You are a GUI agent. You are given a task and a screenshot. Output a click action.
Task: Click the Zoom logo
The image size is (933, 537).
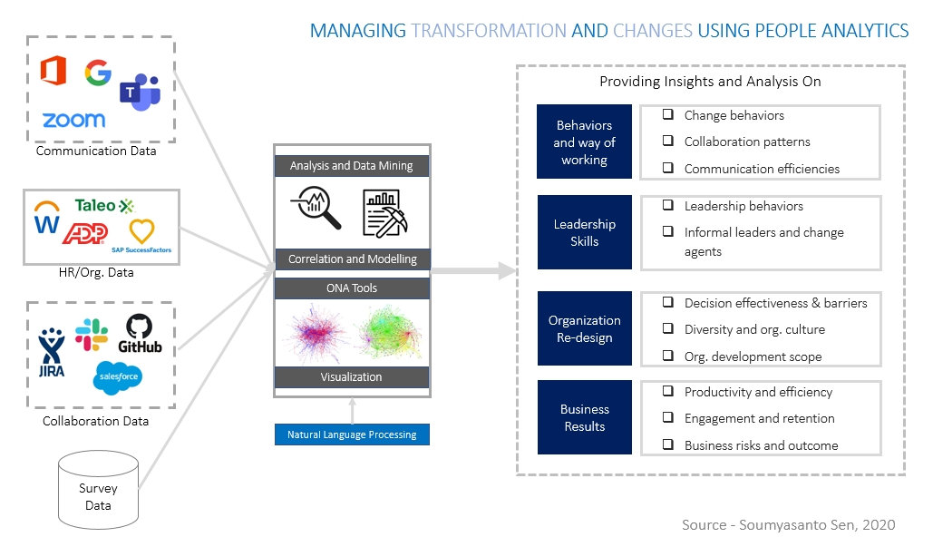(73, 120)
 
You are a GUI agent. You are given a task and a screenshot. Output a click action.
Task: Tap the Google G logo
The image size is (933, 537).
(98, 73)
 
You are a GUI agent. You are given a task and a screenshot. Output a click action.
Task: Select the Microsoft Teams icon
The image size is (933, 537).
(141, 93)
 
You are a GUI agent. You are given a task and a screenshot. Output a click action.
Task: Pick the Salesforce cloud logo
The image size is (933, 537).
(118, 377)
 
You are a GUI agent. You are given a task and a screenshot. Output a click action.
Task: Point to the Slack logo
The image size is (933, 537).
(92, 334)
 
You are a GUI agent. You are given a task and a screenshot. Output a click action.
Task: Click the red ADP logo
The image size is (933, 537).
(85, 233)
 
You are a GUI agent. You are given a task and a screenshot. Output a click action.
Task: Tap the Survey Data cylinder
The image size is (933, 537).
(98, 489)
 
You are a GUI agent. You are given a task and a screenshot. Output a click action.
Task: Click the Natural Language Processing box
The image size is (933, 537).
(352, 434)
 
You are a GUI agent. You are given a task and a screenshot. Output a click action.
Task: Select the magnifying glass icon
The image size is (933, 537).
(316, 208)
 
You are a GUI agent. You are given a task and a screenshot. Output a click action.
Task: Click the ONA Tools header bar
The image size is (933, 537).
(352, 288)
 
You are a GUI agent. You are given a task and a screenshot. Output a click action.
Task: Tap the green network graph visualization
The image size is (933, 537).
(389, 333)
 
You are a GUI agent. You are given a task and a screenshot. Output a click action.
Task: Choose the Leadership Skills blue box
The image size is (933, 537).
(584, 232)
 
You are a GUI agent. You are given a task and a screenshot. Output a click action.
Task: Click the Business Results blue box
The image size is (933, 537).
(584, 417)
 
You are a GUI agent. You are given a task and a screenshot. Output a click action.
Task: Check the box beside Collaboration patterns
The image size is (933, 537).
(668, 141)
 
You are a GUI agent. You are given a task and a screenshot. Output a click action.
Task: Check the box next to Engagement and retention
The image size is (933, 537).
(668, 417)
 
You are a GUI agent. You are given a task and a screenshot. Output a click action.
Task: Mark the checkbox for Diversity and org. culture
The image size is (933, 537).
(668, 328)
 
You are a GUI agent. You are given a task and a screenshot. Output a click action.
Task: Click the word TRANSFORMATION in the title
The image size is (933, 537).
(489, 30)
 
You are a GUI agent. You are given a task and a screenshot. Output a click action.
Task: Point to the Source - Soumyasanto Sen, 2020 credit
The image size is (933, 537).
(789, 524)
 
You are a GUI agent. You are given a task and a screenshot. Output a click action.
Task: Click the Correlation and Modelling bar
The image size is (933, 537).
(352, 259)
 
